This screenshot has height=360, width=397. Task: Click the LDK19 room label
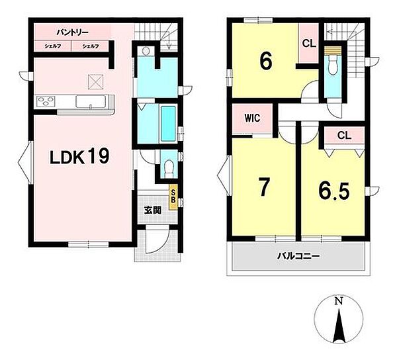(79, 156)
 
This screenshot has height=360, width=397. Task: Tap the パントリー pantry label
(72, 32)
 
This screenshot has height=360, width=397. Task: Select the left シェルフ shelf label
(53, 46)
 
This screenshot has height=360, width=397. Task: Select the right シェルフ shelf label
(91, 46)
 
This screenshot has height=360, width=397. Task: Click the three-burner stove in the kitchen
(46, 102)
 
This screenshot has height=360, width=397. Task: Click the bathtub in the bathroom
(168, 124)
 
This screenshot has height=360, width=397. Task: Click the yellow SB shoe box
(173, 197)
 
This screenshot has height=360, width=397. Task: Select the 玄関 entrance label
(153, 210)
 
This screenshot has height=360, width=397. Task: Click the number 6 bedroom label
(266, 61)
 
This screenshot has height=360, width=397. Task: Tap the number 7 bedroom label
(263, 187)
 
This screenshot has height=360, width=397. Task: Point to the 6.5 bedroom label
(334, 191)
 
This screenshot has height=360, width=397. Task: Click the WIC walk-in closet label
(252, 118)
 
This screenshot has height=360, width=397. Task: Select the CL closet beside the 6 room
(309, 44)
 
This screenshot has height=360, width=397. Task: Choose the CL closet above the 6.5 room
(344, 135)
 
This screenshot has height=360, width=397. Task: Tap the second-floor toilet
(332, 65)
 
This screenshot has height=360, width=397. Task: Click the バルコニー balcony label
(298, 257)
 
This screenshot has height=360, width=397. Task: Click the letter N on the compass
(339, 301)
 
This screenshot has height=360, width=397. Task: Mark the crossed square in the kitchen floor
(96, 82)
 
